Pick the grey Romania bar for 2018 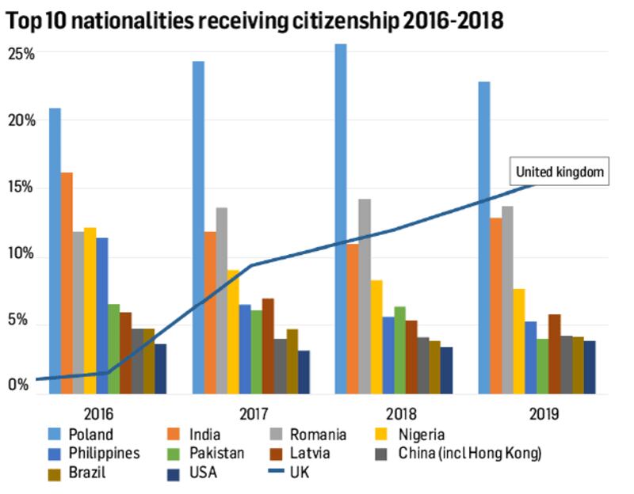click(x=365, y=296)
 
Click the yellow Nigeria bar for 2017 click(x=233, y=332)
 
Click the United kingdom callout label click(x=560, y=172)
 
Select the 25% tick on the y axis click(x=21, y=54)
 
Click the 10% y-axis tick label click(x=21, y=256)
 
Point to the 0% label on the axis click(x=17, y=385)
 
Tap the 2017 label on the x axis click(x=250, y=413)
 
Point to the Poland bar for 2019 click(x=483, y=237)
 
